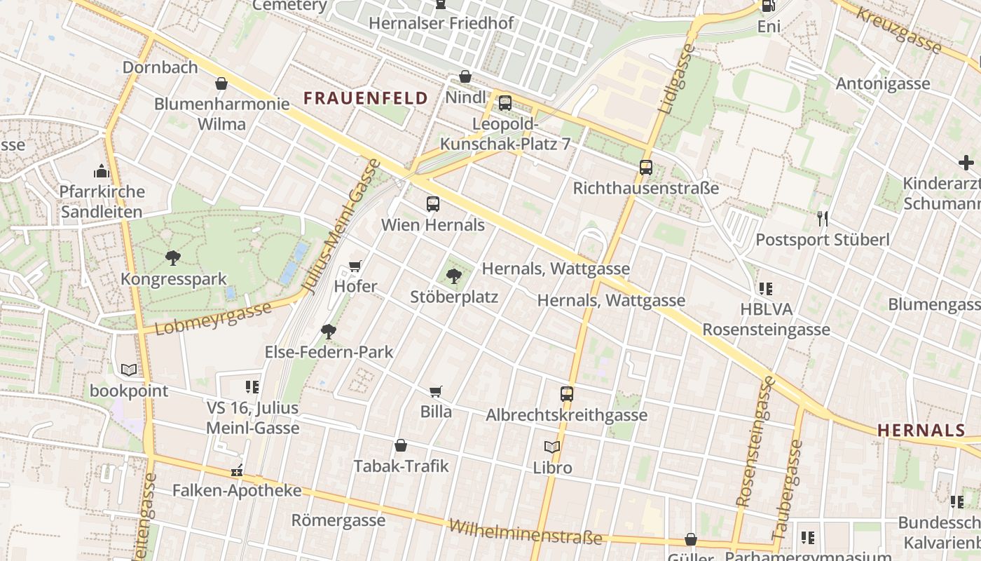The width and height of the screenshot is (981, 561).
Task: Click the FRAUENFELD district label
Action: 366,98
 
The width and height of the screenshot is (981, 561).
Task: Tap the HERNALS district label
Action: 921,431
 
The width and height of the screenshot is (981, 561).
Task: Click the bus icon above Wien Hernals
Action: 433,204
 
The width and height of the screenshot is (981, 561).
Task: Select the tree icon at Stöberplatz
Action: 454,276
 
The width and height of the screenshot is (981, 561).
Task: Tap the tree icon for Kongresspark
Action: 173,258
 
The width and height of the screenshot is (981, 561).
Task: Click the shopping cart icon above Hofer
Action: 355,266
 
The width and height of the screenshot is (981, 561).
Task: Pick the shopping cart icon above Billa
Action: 436,391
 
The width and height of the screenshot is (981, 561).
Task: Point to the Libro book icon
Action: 552,447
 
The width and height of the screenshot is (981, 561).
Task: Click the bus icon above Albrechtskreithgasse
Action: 567,394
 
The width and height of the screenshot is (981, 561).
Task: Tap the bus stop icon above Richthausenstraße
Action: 646,168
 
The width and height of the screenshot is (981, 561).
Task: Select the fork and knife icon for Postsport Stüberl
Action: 823,219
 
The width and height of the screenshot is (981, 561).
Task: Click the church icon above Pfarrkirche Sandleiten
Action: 102,171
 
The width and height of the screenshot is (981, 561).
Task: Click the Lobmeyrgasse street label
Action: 213,318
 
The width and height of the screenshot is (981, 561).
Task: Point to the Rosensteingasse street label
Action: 755,442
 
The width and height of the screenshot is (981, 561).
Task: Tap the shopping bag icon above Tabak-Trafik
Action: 401,445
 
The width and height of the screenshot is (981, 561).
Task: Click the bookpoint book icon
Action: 129,370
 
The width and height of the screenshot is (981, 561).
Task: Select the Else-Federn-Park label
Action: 329,352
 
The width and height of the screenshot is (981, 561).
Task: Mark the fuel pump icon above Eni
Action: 768,6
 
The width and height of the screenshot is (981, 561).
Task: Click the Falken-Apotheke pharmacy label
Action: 237,490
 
